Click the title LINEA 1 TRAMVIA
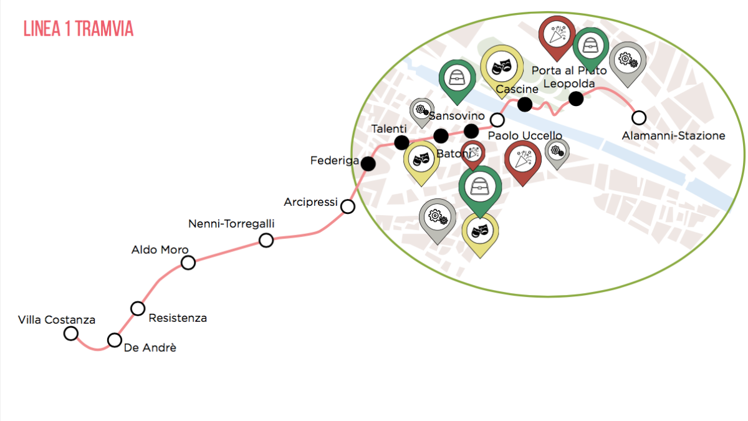point(78,29)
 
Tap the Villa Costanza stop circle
point(71,333)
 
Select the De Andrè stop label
point(150,348)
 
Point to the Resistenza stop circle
point(138,308)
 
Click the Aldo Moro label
point(160,249)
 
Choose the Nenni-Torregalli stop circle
point(266,240)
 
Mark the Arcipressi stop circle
point(348,206)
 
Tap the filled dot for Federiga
point(368,163)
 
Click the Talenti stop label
point(389,128)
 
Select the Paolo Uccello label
point(525,135)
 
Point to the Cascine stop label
point(517,90)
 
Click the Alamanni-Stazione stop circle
point(638,117)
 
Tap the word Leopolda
point(569,84)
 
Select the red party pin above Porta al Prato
point(557,34)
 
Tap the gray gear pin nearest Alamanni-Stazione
point(627,60)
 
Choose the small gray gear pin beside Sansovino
point(421,112)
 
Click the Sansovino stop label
point(457,115)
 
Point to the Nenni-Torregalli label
point(231,224)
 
